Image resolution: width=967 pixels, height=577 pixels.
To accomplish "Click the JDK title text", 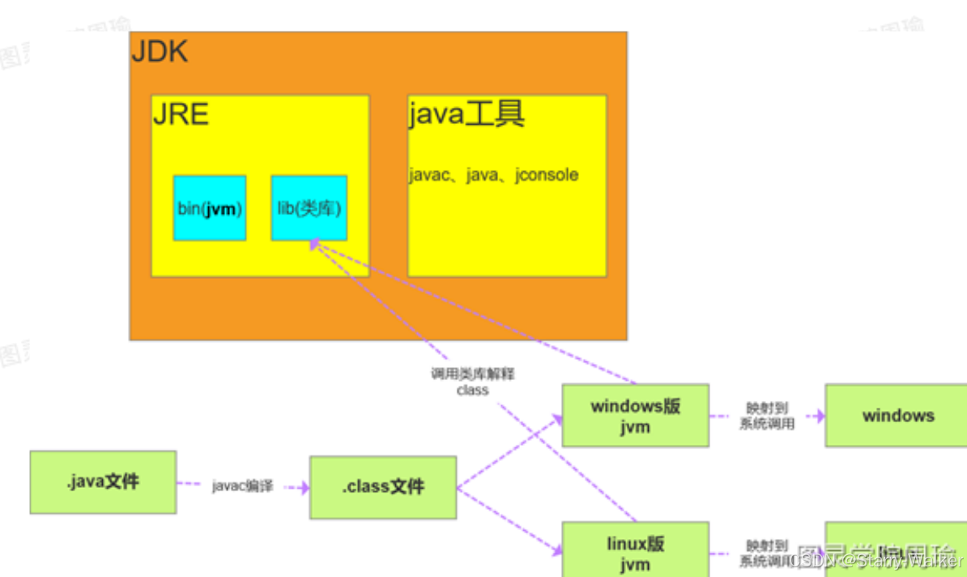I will [160, 52].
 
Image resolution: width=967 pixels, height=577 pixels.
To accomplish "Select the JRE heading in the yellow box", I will [181, 114].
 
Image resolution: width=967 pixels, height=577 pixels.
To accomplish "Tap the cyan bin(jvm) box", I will [210, 208].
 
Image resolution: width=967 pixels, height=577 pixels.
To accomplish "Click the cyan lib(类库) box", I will [309, 208].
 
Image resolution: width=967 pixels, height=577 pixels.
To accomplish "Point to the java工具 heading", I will [466, 114].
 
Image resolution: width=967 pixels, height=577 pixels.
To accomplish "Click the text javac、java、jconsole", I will [494, 175].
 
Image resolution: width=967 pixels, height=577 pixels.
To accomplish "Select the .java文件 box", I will [103, 481].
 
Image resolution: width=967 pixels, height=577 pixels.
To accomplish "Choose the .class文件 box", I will [383, 487].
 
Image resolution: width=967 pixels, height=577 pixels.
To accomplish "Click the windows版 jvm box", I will [635, 415].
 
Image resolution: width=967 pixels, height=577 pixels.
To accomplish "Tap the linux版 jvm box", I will [635, 551].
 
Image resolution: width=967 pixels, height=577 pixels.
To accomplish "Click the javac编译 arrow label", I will [243, 487].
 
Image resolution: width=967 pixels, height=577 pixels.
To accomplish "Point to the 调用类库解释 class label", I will [473, 382].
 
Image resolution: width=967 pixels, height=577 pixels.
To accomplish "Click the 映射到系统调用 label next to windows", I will [767, 416].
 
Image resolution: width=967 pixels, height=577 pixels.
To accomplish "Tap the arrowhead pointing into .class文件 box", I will [305, 488].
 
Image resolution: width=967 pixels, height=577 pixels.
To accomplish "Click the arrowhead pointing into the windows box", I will [820, 416].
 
